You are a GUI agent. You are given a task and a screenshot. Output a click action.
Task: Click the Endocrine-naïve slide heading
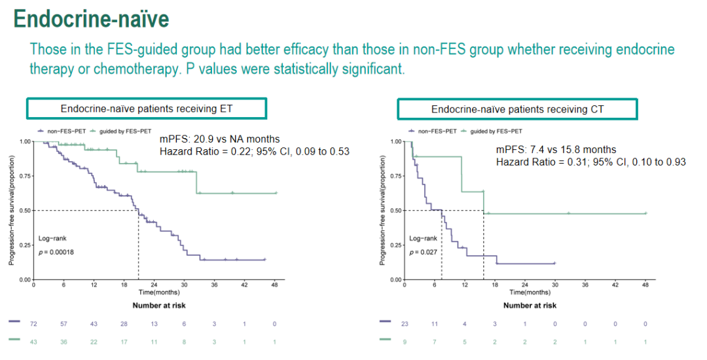[92, 19]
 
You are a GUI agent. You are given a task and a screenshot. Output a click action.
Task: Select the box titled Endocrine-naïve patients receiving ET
[146, 109]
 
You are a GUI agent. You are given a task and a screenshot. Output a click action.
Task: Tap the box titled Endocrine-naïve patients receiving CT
[517, 109]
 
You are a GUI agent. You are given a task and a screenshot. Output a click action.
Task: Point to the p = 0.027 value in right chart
[422, 251]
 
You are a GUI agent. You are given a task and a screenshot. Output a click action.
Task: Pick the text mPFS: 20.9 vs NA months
[219, 139]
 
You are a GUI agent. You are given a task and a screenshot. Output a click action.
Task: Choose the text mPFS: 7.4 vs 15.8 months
[556, 150]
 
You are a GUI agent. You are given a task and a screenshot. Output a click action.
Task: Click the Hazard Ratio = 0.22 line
[255, 152]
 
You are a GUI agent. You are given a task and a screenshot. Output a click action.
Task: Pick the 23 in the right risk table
[405, 323]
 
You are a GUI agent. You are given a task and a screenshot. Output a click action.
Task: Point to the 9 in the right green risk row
[405, 342]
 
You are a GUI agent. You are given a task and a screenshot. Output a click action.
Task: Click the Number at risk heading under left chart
[159, 305]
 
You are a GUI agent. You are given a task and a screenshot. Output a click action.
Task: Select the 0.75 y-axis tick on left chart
[24, 176]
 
